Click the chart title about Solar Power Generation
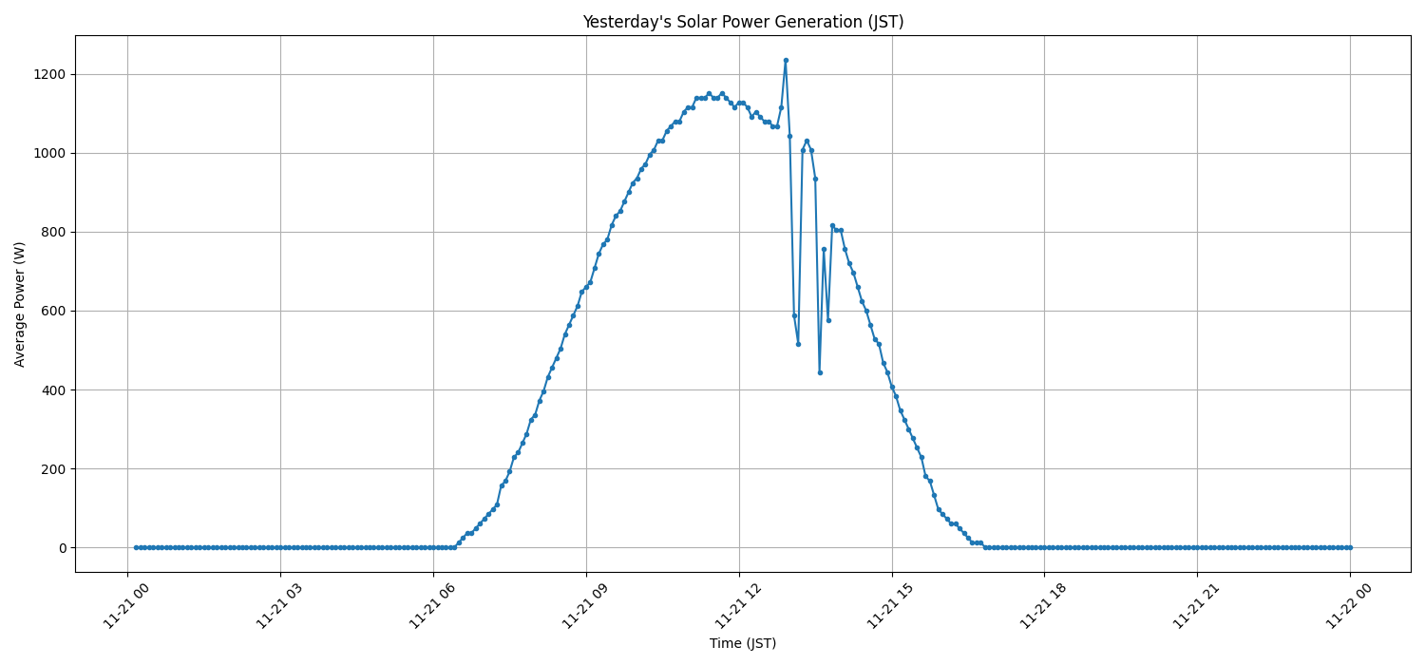coord(743,22)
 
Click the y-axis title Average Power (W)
coord(20,304)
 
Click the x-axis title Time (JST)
coord(743,643)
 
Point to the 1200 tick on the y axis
coord(47,74)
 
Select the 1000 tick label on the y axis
coord(47,153)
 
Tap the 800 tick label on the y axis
coord(51,232)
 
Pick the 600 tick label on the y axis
coord(51,311)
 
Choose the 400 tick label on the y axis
coord(51,389)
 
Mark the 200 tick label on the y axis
coord(51,468)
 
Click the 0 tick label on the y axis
coord(61,548)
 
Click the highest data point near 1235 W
coord(786,60)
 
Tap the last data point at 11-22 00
coord(1350,547)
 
